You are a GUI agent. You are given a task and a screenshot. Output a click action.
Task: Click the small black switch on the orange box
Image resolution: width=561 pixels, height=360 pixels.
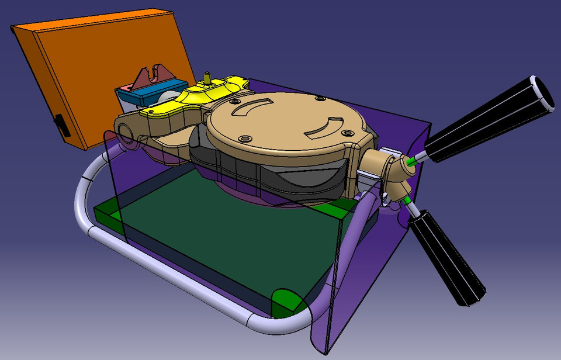click(60, 125)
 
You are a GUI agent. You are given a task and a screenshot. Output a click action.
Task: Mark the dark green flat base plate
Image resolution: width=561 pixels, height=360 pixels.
click(222, 245)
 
